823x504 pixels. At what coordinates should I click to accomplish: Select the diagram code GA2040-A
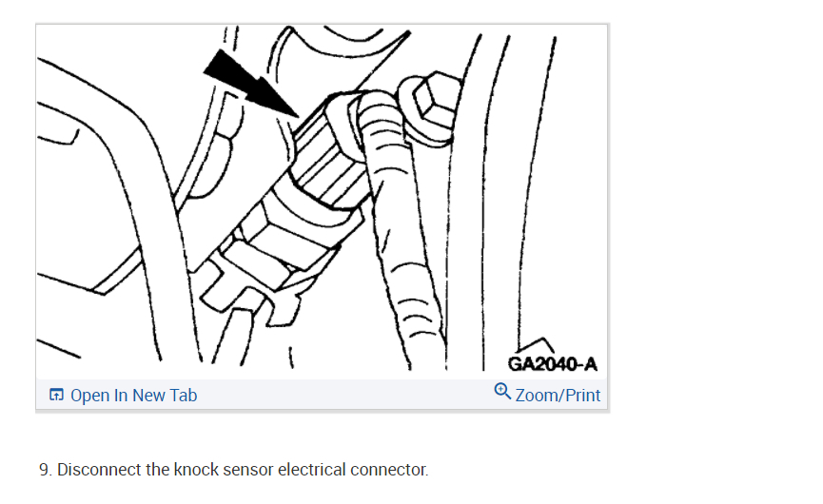[553, 364]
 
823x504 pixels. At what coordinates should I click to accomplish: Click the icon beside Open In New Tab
[56, 396]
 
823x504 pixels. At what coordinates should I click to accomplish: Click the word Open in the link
[90, 396]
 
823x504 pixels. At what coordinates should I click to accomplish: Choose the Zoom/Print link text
[558, 395]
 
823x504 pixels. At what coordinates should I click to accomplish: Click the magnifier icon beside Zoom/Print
[502, 391]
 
